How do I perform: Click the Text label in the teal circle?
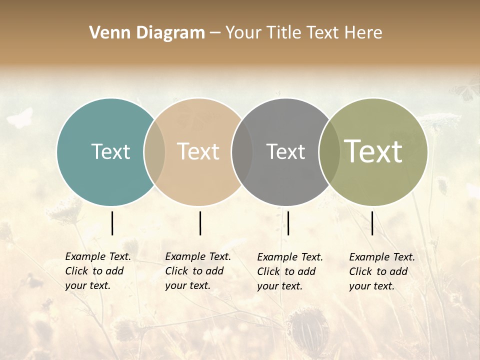pos(110,151)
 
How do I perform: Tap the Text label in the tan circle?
pos(198,151)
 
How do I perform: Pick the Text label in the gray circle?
pos(285,151)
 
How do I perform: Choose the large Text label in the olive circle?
pos(373,151)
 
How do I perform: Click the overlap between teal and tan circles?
pos(154,152)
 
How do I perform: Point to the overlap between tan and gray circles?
pos(242,152)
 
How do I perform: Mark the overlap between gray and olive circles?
pos(329,152)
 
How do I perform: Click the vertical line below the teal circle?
pos(112,223)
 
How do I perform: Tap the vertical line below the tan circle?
pos(200,223)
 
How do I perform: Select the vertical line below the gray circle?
pos(288,223)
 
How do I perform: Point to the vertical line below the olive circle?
pos(372,223)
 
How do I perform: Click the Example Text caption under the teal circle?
pos(98,271)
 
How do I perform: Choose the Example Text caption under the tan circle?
pos(198,271)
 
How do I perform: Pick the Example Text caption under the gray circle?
pos(290,271)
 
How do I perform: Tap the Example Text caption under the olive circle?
pos(382,271)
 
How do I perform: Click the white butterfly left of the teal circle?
pos(20,118)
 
